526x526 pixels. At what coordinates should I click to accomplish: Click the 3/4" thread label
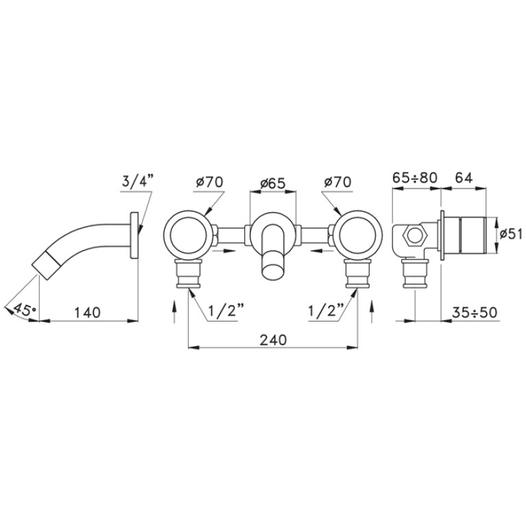point(137,183)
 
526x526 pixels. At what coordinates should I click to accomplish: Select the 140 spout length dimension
point(87,312)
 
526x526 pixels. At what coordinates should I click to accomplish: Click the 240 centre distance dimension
point(274,340)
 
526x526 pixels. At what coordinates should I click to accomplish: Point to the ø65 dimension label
point(273,183)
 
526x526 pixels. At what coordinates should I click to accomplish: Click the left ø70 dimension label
point(210,182)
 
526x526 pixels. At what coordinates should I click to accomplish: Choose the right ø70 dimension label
point(338,182)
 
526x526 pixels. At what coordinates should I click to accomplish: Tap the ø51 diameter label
point(511,235)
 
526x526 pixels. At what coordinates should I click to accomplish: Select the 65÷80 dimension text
point(415,178)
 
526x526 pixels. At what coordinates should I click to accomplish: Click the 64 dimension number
point(464,178)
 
